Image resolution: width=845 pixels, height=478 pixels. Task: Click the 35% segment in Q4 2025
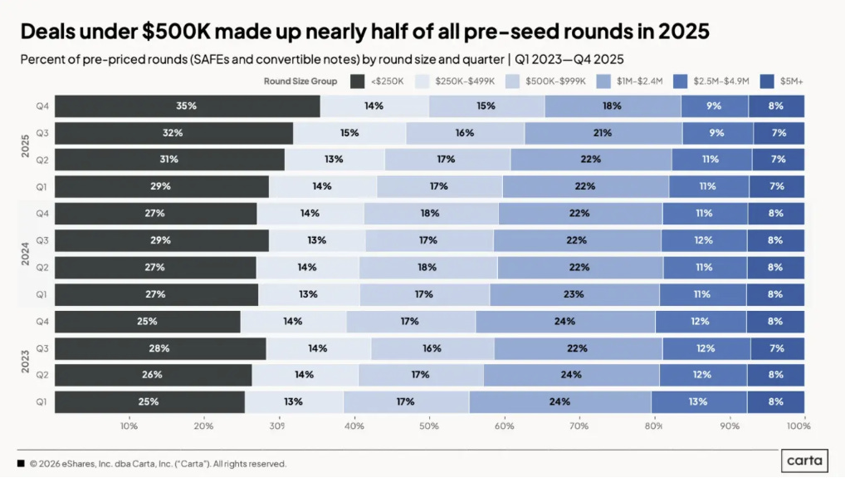(180, 106)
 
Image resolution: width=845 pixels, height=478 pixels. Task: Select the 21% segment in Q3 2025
(603, 133)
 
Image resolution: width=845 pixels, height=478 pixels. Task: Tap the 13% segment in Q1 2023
(293, 402)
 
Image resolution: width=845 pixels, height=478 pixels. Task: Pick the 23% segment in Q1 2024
(574, 293)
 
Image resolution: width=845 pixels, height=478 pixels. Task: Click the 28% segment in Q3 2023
(159, 348)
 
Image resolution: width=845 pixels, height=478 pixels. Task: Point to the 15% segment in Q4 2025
(486, 106)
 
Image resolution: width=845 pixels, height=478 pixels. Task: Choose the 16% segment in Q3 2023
(432, 348)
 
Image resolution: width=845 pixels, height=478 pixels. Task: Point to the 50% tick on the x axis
(429, 426)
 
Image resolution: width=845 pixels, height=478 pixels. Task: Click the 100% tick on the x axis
(798, 426)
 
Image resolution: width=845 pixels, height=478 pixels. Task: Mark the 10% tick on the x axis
(129, 426)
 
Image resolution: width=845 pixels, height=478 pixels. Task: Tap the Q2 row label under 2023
(42, 375)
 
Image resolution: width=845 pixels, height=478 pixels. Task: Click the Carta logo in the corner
(803, 461)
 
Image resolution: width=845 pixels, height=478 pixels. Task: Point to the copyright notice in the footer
(158, 464)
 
